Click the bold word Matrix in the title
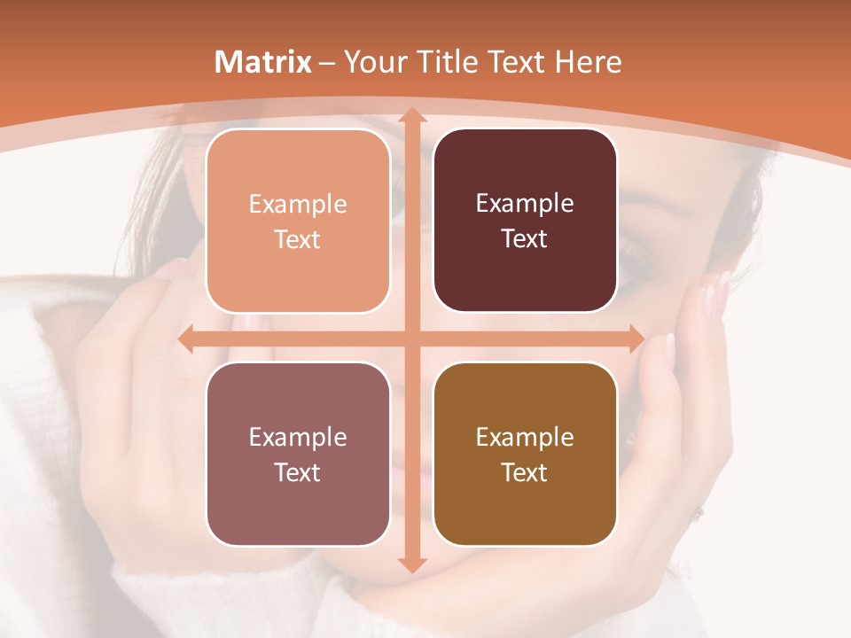263,62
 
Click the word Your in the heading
371,62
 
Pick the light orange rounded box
298,221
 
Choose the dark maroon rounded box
525,221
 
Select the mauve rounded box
298,454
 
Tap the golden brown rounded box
525,454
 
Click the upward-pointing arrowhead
411,115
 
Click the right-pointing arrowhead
636,339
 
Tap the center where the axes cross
411,339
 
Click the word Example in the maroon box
525,204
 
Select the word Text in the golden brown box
525,472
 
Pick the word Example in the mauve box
298,437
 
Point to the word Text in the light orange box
298,239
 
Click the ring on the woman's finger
699,511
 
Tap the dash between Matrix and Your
327,63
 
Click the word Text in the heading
515,62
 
